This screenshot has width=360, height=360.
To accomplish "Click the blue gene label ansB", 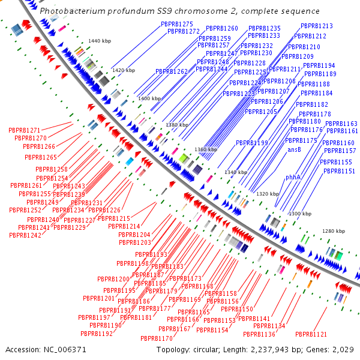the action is coord(294,149).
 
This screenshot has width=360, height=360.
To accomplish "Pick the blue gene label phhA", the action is coord(293,178).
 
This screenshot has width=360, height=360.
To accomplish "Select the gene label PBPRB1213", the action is coord(317,26).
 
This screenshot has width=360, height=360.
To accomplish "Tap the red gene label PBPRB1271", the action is coord(25,130).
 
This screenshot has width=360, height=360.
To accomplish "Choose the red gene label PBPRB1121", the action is coord(311,334).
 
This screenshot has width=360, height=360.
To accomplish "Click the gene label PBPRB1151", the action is coord(339,172).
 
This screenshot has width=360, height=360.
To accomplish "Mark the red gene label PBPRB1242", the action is coord(25,235).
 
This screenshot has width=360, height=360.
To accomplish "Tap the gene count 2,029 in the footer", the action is coord(344,349).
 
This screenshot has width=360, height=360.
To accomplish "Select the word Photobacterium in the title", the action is coord(66,11).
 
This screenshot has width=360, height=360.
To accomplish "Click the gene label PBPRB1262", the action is coord(172,71).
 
